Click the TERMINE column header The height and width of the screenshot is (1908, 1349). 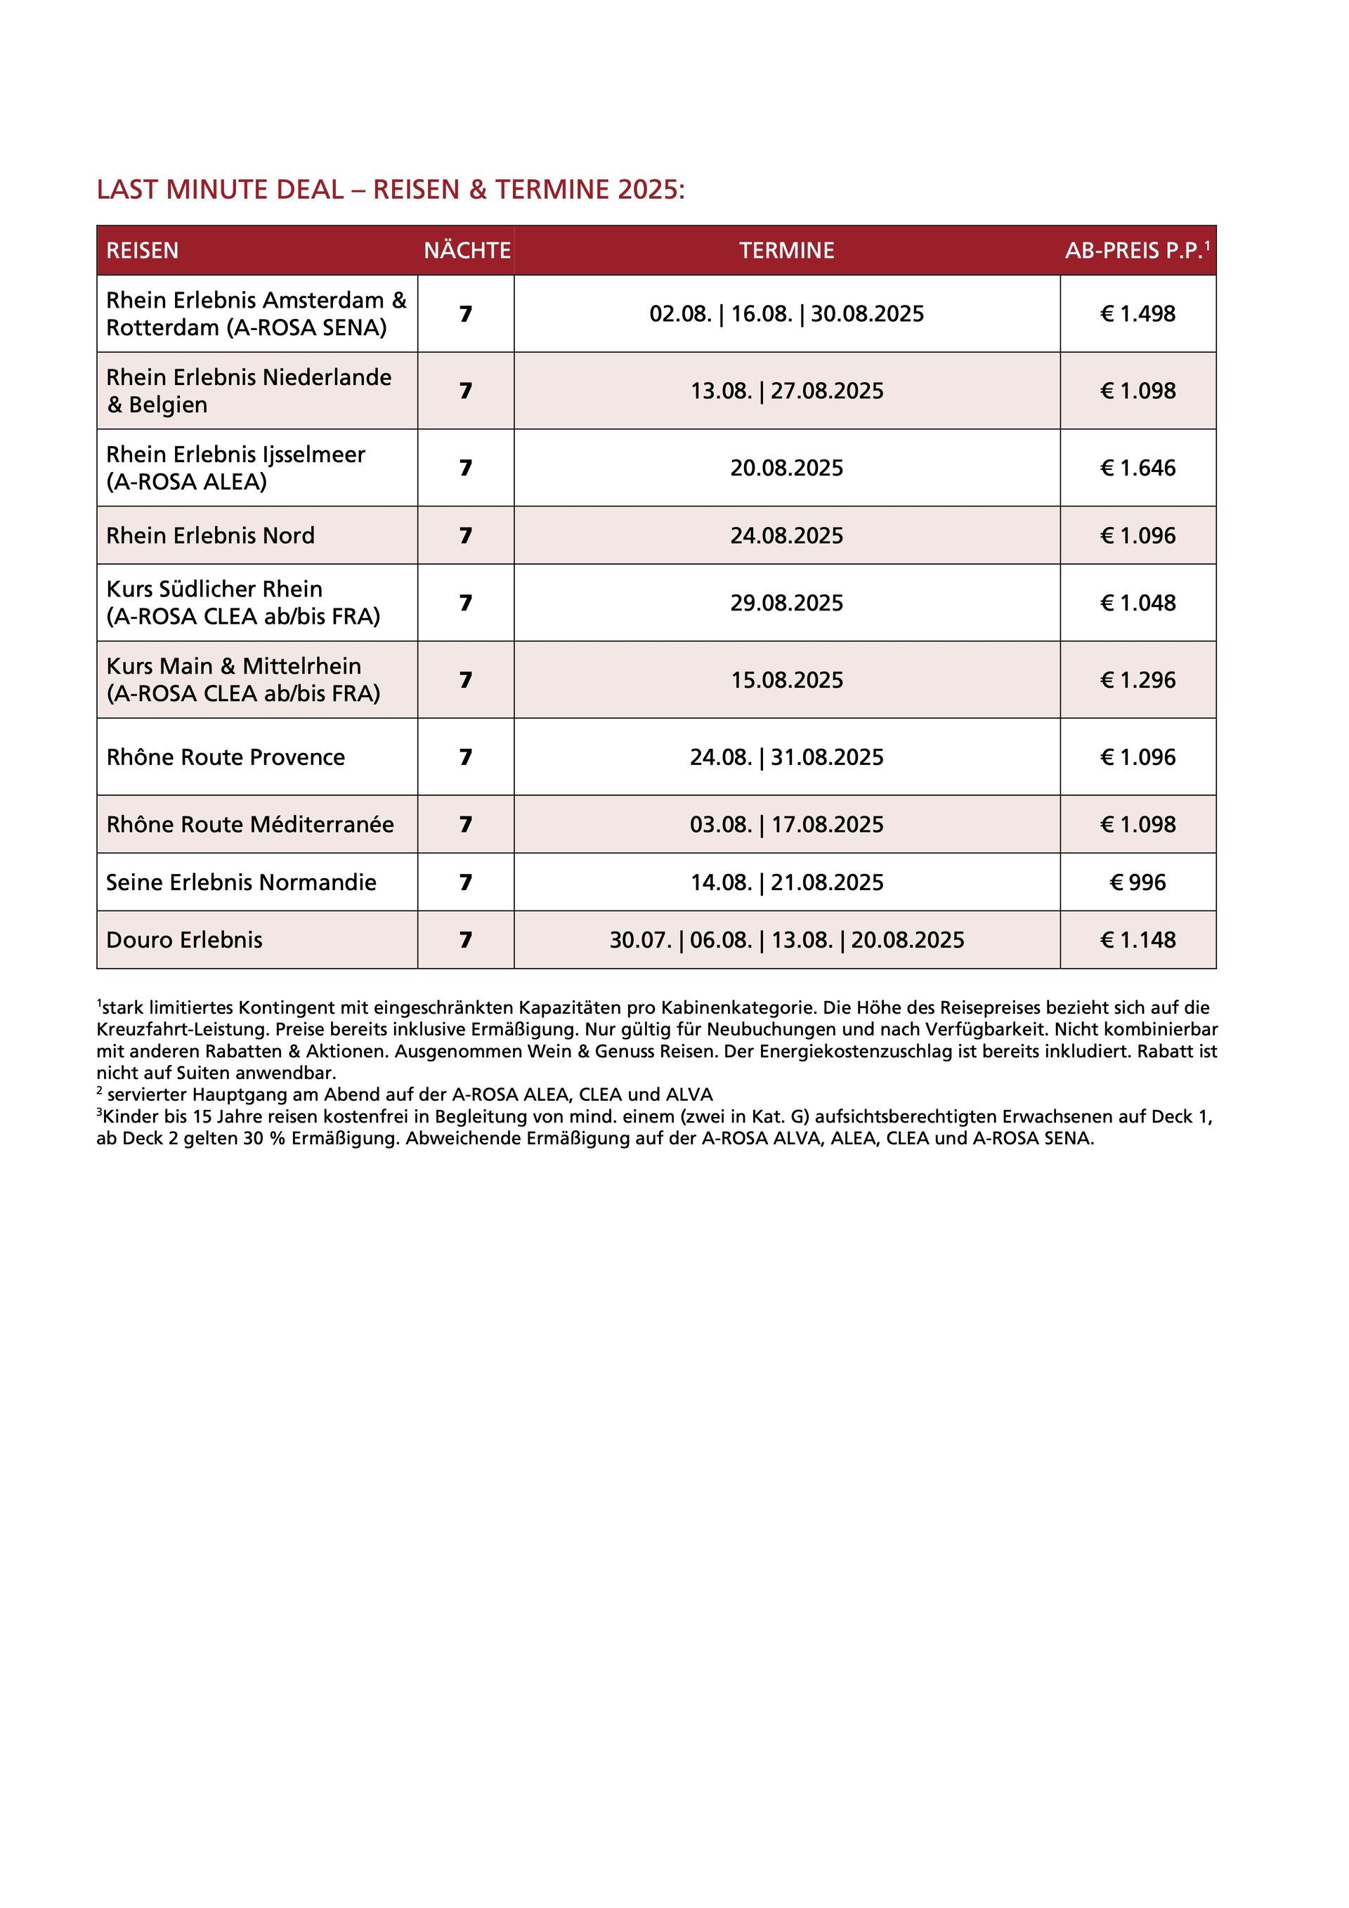(x=786, y=250)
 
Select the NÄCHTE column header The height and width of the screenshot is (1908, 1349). (x=467, y=250)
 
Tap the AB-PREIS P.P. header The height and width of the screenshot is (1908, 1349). (x=1136, y=250)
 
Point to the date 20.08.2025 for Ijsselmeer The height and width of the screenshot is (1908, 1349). (x=786, y=468)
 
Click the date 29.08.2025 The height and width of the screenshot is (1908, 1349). (x=786, y=603)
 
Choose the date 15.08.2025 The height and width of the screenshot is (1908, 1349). (x=786, y=680)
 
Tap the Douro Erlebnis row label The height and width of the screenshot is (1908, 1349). (x=185, y=940)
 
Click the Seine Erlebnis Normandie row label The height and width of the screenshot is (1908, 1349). (x=241, y=882)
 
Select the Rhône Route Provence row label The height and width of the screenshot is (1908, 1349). (x=226, y=757)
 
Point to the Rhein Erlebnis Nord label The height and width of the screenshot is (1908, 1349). (x=210, y=535)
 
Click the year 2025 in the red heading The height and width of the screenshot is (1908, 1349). (x=649, y=190)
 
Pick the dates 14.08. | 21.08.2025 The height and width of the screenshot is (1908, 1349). (x=786, y=882)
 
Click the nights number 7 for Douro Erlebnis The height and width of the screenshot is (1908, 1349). (x=465, y=940)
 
